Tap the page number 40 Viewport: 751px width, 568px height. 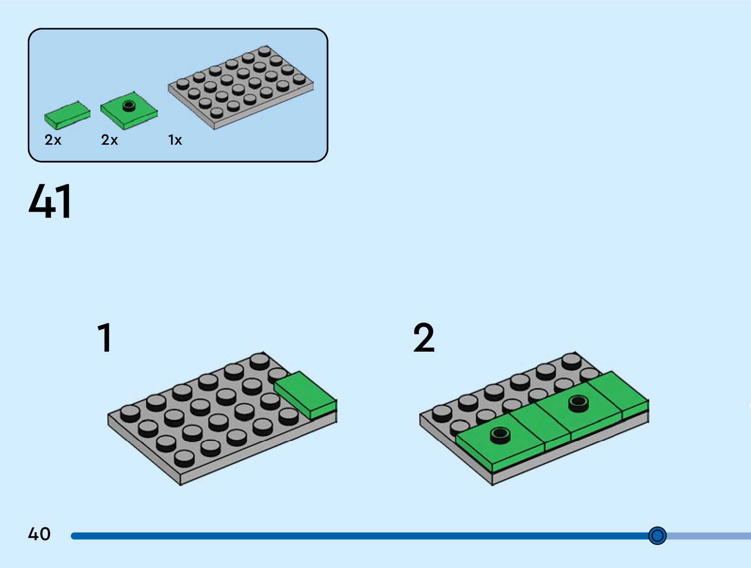(39, 534)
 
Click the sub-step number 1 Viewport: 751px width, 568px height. (105, 338)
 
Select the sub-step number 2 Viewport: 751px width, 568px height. (424, 338)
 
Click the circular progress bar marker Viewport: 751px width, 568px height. (657, 535)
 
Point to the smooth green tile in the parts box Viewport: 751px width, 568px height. (67, 115)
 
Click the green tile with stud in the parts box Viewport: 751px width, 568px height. (129, 111)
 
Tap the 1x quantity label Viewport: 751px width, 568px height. (175, 140)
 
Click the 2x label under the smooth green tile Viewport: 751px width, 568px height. (53, 140)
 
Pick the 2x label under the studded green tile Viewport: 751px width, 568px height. (109, 140)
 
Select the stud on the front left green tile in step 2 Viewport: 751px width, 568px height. (500, 434)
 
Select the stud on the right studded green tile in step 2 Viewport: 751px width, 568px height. (579, 403)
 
